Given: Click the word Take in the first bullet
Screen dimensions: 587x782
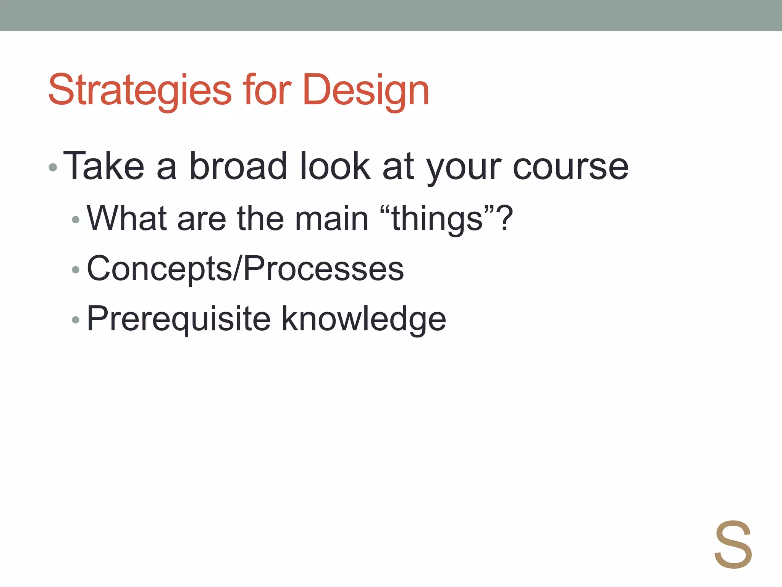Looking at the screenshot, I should (x=103, y=166).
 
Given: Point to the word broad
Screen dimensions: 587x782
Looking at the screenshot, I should (x=238, y=166).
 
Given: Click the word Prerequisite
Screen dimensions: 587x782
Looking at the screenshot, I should (x=179, y=319).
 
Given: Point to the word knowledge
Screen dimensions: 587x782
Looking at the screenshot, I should (x=364, y=319).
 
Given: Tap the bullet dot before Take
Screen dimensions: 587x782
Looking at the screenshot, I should (x=53, y=167).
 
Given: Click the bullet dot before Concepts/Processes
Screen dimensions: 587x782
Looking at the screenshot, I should (x=76, y=270).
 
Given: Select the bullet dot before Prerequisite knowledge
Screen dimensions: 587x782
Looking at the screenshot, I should (x=76, y=320).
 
